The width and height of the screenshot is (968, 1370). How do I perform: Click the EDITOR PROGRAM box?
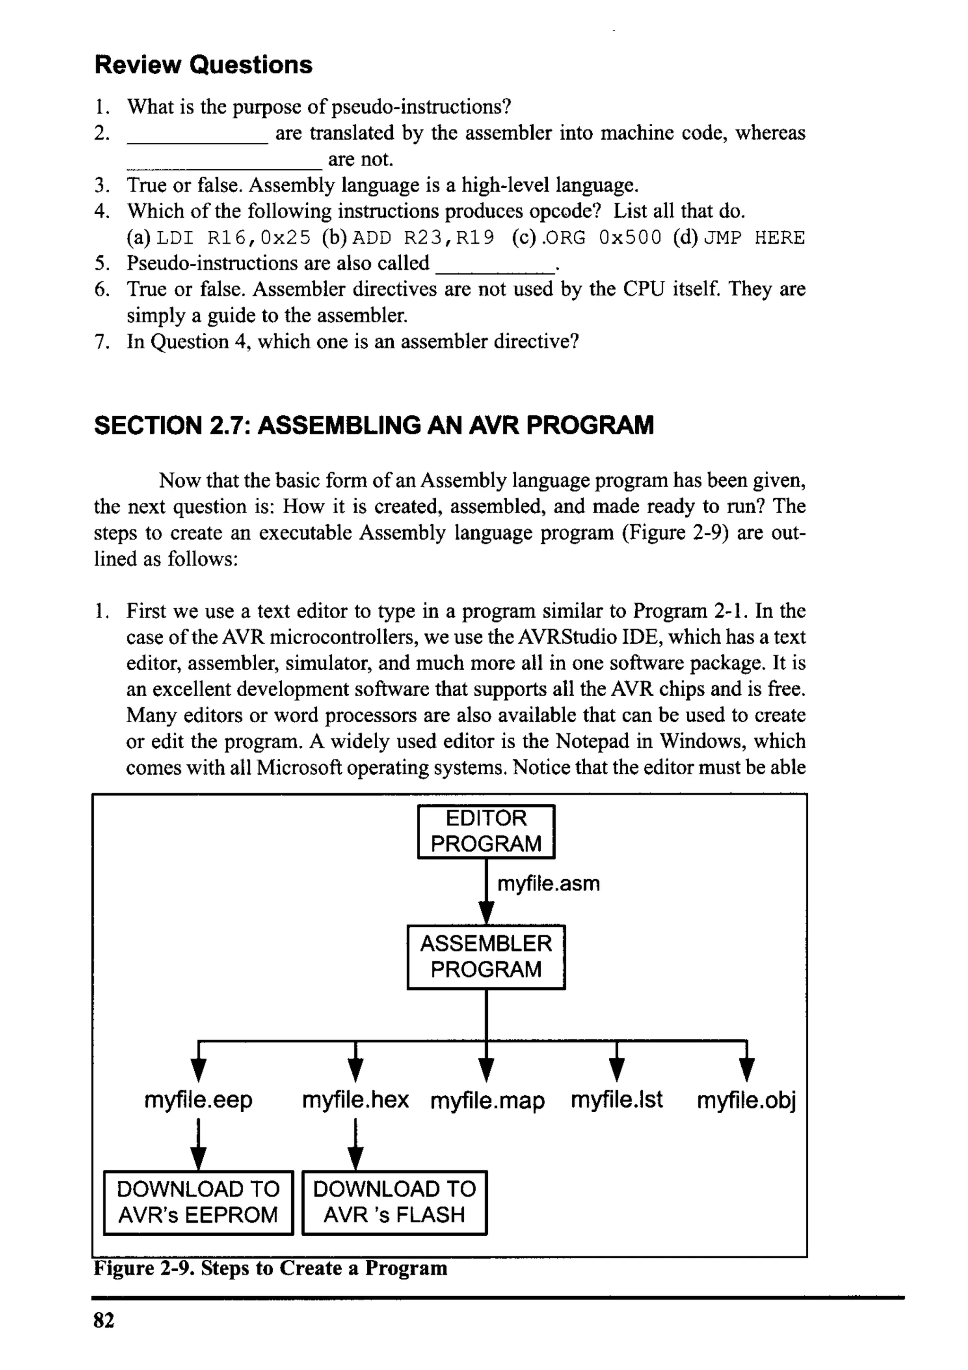(486, 831)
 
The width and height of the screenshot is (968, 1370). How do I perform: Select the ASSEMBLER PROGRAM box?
(486, 957)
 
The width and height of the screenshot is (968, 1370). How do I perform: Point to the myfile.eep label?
(199, 1099)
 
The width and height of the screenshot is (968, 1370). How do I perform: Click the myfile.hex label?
(355, 1099)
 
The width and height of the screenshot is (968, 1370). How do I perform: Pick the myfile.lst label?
(617, 1099)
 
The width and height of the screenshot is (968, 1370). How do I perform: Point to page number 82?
(104, 1320)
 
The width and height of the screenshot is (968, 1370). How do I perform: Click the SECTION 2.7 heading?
(374, 426)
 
